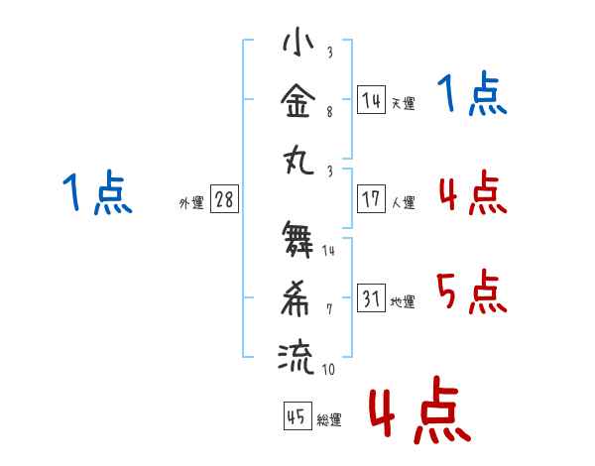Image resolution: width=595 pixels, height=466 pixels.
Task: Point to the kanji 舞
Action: (x=298, y=241)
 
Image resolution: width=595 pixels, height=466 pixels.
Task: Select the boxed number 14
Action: (x=371, y=99)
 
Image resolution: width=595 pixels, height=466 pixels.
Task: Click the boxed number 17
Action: (x=371, y=198)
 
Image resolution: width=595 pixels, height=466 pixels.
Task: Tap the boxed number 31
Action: (x=371, y=297)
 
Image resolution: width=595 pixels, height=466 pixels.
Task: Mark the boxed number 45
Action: (x=296, y=416)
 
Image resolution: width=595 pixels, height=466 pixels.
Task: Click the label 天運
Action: (x=403, y=103)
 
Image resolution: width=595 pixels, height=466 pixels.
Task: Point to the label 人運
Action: (x=403, y=202)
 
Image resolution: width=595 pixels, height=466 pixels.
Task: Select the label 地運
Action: (x=403, y=301)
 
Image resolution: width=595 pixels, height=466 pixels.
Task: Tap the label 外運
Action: (x=190, y=202)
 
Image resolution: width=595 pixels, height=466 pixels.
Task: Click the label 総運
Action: (x=329, y=420)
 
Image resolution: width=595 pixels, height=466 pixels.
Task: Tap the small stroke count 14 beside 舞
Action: (x=328, y=252)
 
